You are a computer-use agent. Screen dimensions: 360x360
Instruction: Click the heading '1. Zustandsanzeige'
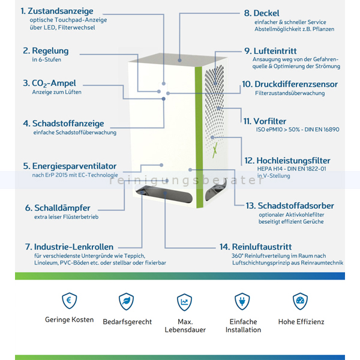pos(57,11)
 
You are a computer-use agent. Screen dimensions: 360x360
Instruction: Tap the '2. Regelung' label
pos(46,51)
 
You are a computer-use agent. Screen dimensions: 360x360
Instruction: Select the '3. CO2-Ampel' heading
pos(49,83)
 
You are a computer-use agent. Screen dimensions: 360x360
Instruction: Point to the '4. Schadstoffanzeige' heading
pos(64,124)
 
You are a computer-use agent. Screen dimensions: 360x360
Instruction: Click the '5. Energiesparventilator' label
pos(70,166)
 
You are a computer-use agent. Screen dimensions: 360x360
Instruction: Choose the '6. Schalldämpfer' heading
pos(58,208)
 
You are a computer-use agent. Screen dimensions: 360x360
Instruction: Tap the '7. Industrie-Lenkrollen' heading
pos(69,247)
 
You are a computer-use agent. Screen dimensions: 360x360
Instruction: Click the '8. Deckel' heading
pos(262,13)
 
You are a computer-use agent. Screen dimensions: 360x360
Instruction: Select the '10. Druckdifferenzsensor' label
pos(290,84)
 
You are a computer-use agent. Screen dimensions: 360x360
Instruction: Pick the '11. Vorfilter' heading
pos(265,121)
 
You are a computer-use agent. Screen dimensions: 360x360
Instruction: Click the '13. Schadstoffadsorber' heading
pos(290,206)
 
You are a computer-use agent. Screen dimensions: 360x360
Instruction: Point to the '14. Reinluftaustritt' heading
pos(256,247)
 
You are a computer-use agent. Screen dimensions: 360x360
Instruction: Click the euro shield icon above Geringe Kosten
pos(70,301)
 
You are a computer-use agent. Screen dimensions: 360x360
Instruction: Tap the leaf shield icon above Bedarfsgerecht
pos(126,301)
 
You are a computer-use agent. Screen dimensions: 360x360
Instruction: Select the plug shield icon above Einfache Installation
pos(242,301)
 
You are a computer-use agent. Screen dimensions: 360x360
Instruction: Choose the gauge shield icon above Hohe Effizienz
pos(300,301)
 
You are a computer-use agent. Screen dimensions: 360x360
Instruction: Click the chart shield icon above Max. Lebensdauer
pos(184,302)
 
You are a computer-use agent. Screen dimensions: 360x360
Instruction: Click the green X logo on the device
pos(215,150)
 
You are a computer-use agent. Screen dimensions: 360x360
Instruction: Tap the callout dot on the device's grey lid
pos(179,61)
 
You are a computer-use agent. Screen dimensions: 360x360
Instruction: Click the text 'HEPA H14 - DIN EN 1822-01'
pos(292,169)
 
